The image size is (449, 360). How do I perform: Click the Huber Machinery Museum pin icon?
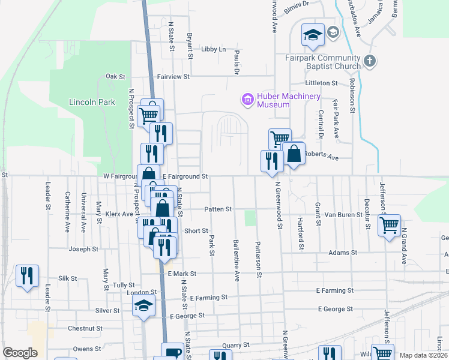point(247,100)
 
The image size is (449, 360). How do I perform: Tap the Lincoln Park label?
point(92,102)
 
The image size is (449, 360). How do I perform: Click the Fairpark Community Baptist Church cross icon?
point(370,61)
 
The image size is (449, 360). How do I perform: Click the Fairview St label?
point(173,77)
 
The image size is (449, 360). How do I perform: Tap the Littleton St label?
point(321,83)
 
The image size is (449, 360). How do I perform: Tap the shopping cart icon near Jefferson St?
point(390,226)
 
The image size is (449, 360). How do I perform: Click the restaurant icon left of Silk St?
point(27,276)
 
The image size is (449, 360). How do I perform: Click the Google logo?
point(20,353)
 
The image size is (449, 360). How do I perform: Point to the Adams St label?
point(343,253)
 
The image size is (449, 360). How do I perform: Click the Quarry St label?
point(235,345)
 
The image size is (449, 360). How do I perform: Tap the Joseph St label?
point(83,248)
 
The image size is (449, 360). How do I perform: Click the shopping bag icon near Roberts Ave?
point(294,154)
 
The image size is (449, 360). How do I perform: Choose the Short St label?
point(196,230)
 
